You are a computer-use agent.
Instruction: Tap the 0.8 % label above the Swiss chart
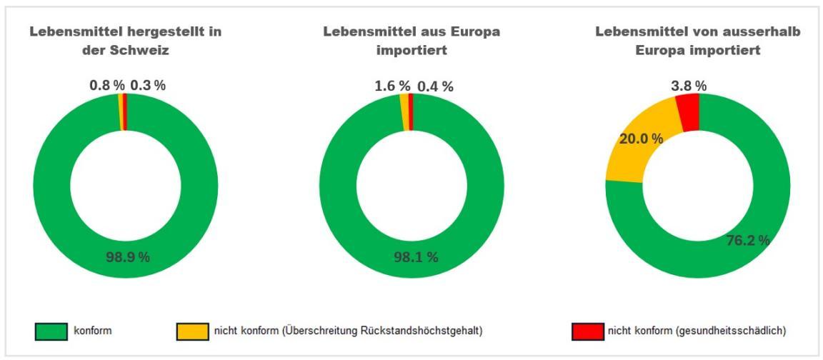pyautogui.click(x=106, y=86)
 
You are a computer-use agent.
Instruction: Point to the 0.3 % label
pyautogui.click(x=148, y=86)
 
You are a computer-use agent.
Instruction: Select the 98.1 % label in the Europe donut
pyautogui.click(x=415, y=257)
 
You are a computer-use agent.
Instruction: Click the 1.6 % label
pyautogui.click(x=393, y=86)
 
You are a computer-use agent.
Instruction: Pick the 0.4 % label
pyautogui.click(x=435, y=86)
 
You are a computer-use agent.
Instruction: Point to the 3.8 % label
pyautogui.click(x=689, y=86)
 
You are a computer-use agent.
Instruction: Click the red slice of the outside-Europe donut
pyautogui.click(x=688, y=112)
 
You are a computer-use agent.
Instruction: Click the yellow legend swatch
pyautogui.click(x=193, y=330)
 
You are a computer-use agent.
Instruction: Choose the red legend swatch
pyautogui.click(x=588, y=330)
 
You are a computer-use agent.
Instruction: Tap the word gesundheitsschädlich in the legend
pyautogui.click(x=735, y=330)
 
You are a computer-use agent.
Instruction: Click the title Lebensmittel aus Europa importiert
pyautogui.click(x=411, y=41)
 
